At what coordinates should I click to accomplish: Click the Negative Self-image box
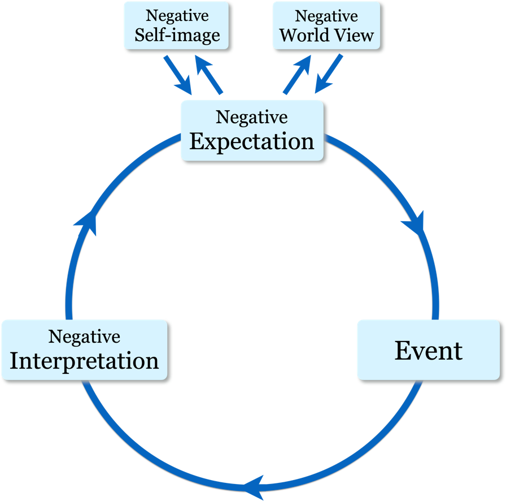click(177, 25)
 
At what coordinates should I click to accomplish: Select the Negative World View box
click(326, 25)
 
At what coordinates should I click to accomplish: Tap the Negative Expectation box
click(252, 131)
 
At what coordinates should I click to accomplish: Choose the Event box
click(429, 350)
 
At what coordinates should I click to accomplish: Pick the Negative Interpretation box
click(85, 350)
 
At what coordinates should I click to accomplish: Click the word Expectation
click(252, 141)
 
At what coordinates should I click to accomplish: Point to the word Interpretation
click(84, 361)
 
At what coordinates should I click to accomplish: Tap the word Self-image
click(177, 35)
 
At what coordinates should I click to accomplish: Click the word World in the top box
click(303, 35)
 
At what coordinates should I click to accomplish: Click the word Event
click(429, 351)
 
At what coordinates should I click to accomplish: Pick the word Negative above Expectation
click(252, 117)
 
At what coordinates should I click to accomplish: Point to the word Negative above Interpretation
click(84, 336)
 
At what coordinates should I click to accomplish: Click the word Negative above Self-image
click(177, 16)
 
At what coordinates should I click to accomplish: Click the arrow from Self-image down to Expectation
click(178, 75)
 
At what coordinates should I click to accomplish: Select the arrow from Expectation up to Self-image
click(209, 75)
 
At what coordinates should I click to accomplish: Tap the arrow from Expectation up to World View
click(297, 74)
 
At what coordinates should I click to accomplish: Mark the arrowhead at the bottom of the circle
click(255, 487)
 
